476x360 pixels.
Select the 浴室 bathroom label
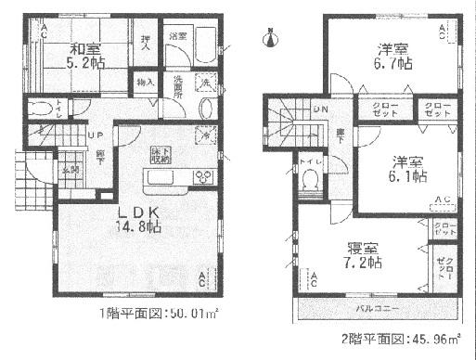coord(177,36)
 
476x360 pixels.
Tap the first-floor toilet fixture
coord(38,109)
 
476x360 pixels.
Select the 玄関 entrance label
coord(71,169)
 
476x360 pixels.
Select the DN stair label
coord(320,111)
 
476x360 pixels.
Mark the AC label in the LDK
coord(203,275)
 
